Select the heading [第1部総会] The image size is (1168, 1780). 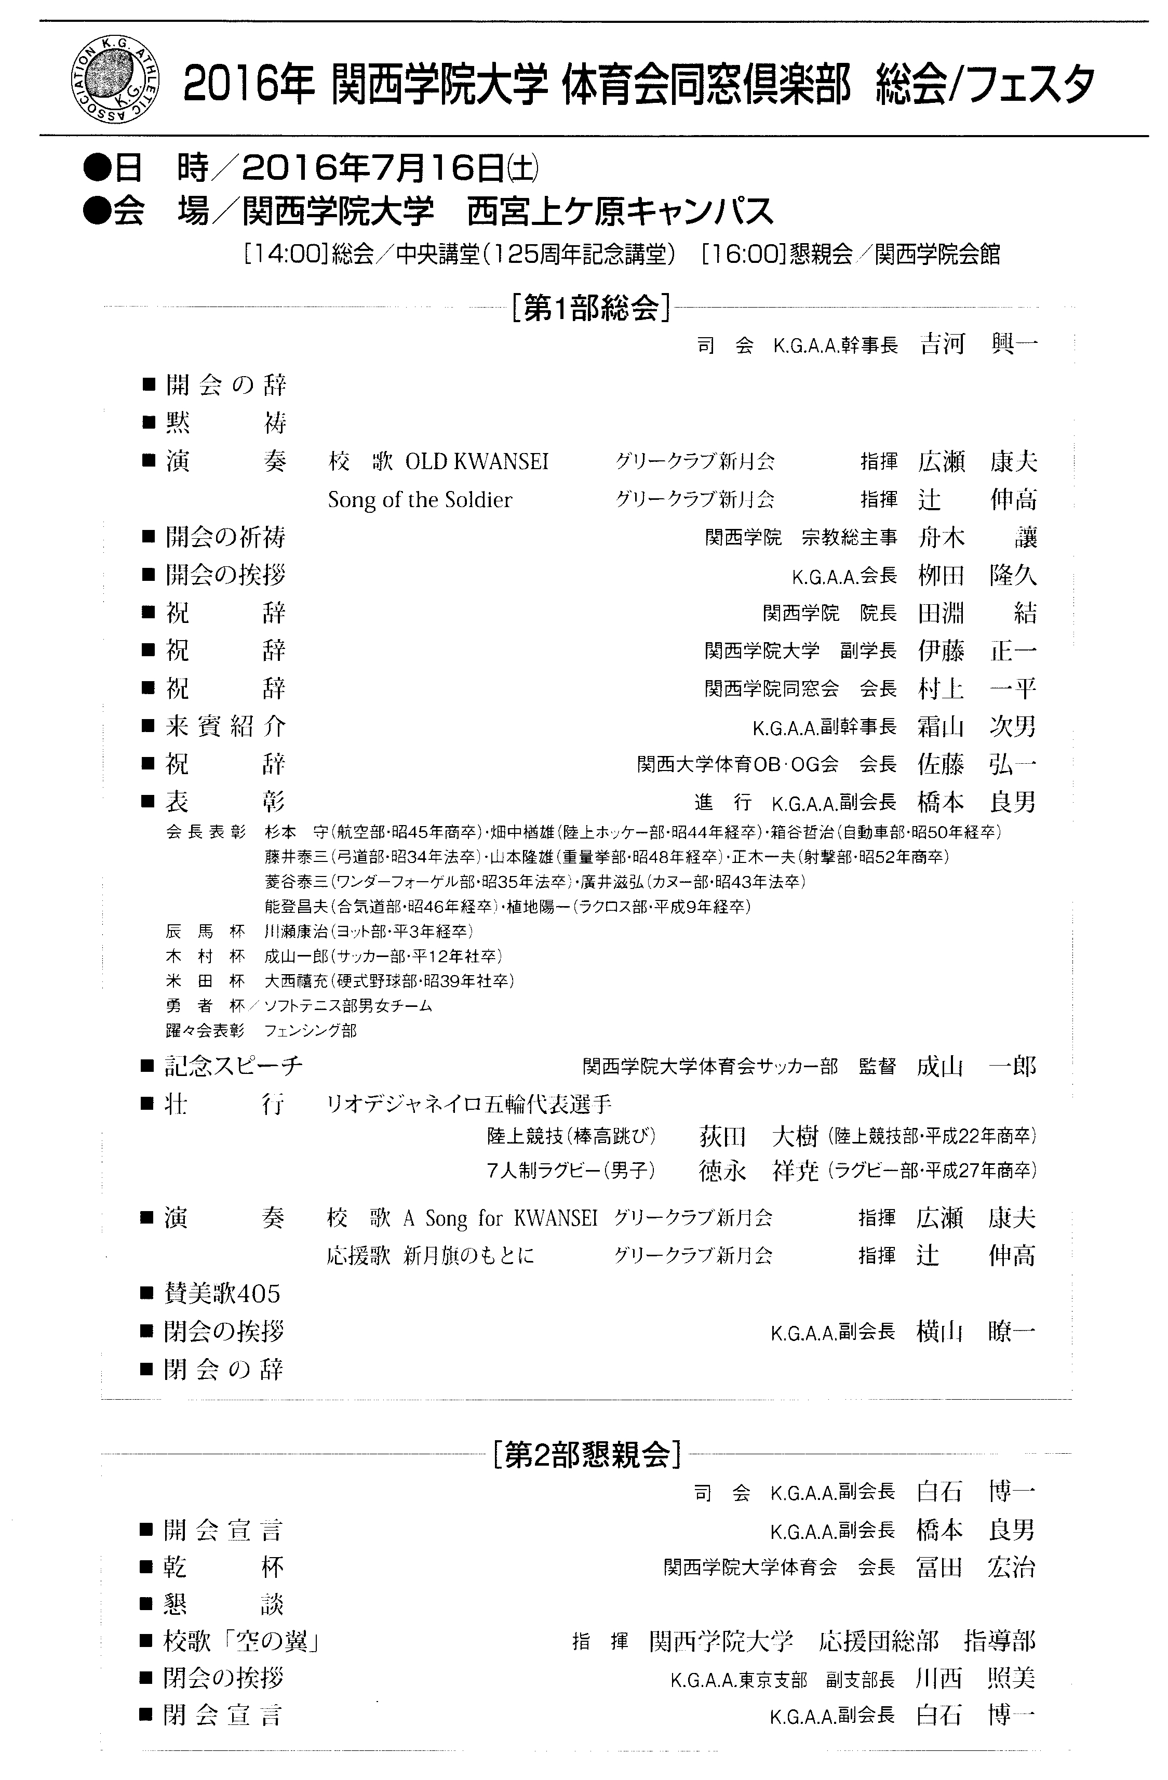tap(588, 308)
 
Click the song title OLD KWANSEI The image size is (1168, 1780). tap(476, 461)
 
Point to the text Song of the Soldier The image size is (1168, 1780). tap(420, 500)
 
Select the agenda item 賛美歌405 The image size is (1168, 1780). tap(222, 1293)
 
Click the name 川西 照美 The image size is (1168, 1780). tap(975, 1679)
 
